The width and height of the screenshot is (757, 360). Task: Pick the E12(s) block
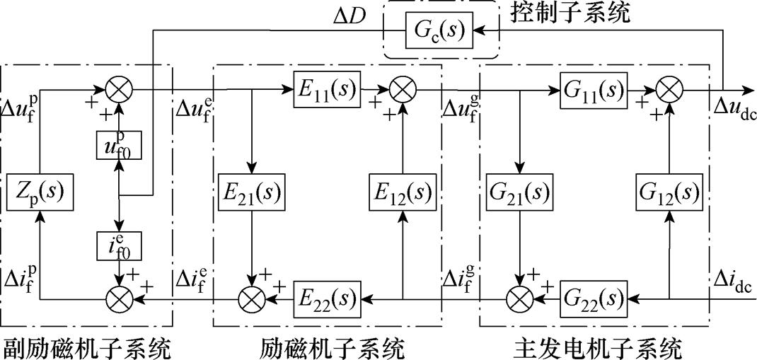(404, 192)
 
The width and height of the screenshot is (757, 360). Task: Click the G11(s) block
(594, 90)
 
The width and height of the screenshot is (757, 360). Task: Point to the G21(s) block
(521, 192)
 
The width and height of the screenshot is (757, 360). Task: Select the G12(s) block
(669, 192)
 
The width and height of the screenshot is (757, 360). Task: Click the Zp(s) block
(40, 192)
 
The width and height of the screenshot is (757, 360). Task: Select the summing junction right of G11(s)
(669, 90)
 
